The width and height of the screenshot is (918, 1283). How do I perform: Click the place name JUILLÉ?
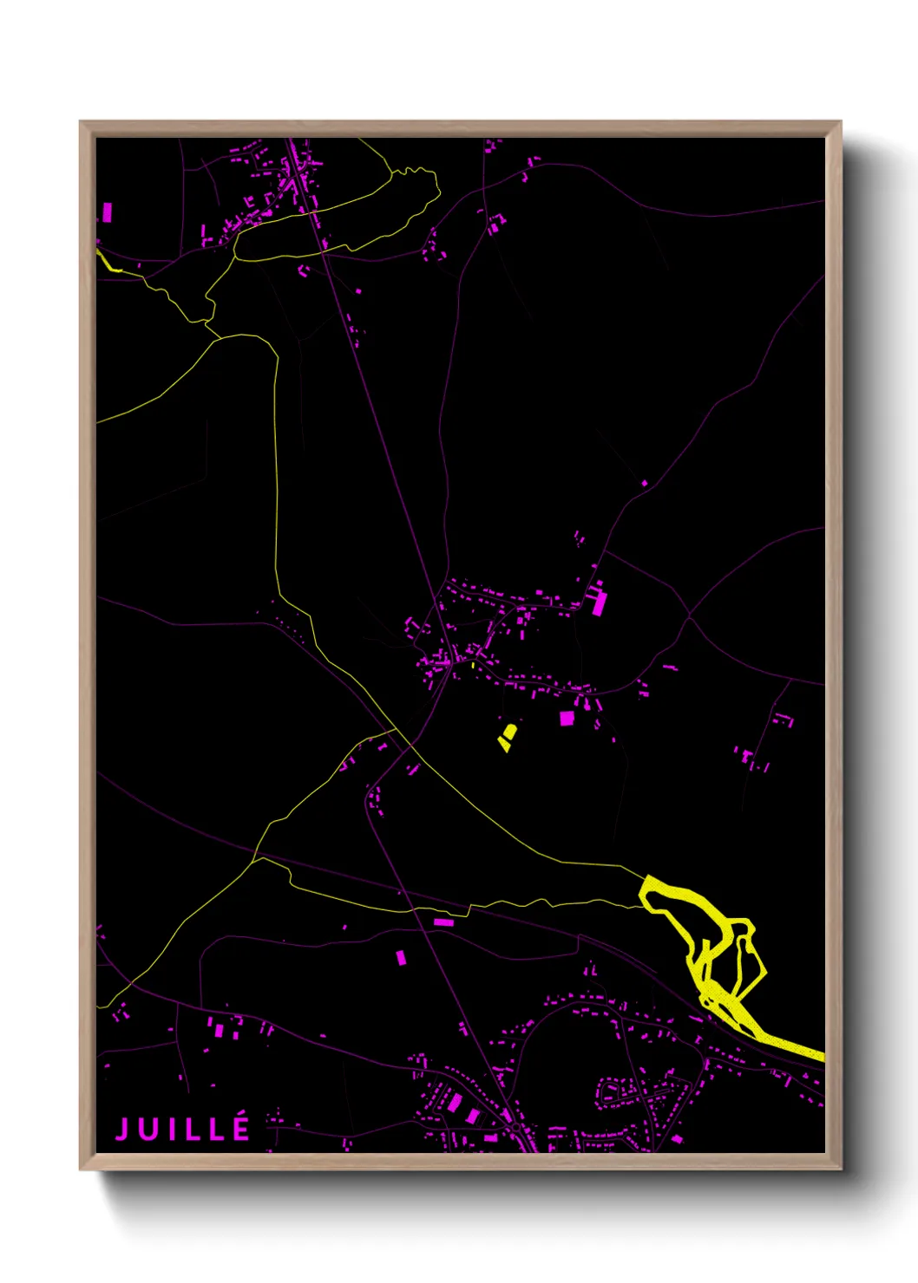pyautogui.click(x=183, y=1129)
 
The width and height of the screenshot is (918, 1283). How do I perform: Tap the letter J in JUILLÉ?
pyautogui.click(x=123, y=1130)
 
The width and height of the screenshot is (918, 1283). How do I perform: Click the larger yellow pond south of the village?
pyautogui.click(x=510, y=733)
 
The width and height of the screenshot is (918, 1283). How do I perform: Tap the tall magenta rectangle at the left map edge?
pyautogui.click(x=108, y=212)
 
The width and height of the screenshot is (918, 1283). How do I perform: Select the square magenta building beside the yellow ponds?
pyautogui.click(x=567, y=718)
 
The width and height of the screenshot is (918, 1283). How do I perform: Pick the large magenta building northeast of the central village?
pyautogui.click(x=598, y=602)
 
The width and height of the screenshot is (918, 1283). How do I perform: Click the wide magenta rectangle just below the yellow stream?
pyautogui.click(x=443, y=922)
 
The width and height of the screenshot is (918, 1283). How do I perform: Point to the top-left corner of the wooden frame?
pyautogui.click(x=82, y=123)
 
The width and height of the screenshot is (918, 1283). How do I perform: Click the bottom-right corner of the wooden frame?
pyautogui.click(x=840, y=1168)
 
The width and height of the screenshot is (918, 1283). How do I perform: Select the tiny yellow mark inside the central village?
pyautogui.click(x=472, y=665)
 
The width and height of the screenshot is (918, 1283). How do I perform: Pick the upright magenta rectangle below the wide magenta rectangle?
pyautogui.click(x=401, y=957)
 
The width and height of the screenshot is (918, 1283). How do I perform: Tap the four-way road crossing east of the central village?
pyautogui.click(x=690, y=616)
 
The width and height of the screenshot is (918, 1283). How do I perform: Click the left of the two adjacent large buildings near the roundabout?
pyautogui.click(x=455, y=1103)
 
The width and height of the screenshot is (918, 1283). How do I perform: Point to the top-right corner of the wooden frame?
pyautogui.click(x=840, y=123)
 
